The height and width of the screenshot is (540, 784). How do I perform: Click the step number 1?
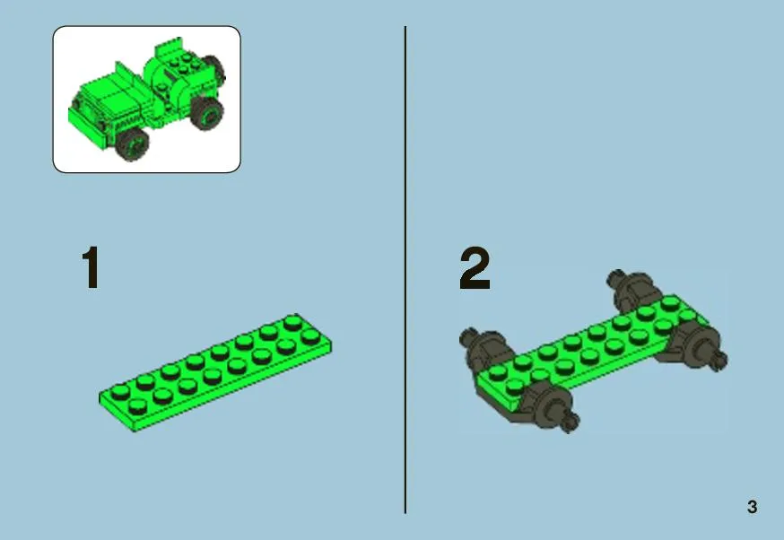pos(91,267)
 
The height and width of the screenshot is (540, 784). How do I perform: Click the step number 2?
pos(475,268)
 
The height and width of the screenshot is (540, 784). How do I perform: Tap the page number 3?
pos(752,507)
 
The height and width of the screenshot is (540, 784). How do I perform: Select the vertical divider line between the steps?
pos(405,270)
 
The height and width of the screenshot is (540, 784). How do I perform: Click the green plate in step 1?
pos(215,372)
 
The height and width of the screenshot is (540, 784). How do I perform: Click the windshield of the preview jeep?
pos(126,75)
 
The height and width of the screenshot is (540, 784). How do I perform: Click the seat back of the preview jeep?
pos(169,48)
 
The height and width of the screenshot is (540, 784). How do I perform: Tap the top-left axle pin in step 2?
pos(467,337)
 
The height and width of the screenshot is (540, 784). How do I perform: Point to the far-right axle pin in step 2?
pos(720,359)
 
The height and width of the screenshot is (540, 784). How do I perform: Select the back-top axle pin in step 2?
pos(616,278)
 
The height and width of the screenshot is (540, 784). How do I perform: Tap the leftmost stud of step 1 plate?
pos(120,390)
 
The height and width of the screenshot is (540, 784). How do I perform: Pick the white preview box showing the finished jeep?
pos(146,100)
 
